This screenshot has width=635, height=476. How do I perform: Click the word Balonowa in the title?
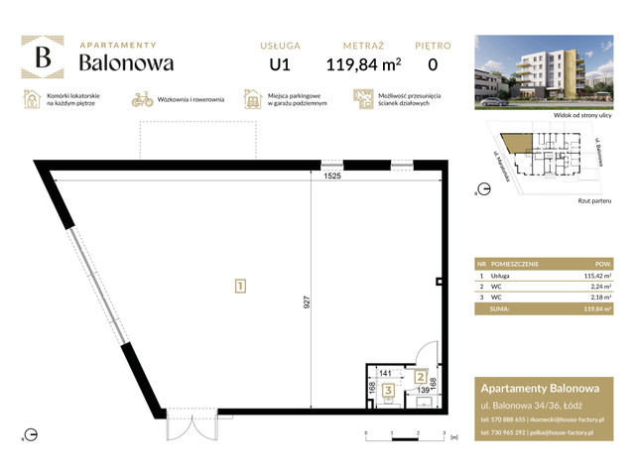pyautogui.click(x=127, y=63)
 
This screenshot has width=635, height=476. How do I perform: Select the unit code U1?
pyautogui.click(x=280, y=65)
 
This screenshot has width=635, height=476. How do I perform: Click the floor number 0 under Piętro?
pyautogui.click(x=432, y=65)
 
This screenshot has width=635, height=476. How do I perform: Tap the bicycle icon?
pyautogui.click(x=142, y=100)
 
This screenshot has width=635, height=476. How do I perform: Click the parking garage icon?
pyautogui.click(x=254, y=100)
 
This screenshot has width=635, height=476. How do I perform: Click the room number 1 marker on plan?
pyautogui.click(x=240, y=287)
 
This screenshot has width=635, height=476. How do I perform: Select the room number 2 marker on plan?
pyautogui.click(x=421, y=377)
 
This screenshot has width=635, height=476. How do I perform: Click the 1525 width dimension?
pyautogui.click(x=332, y=176)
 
